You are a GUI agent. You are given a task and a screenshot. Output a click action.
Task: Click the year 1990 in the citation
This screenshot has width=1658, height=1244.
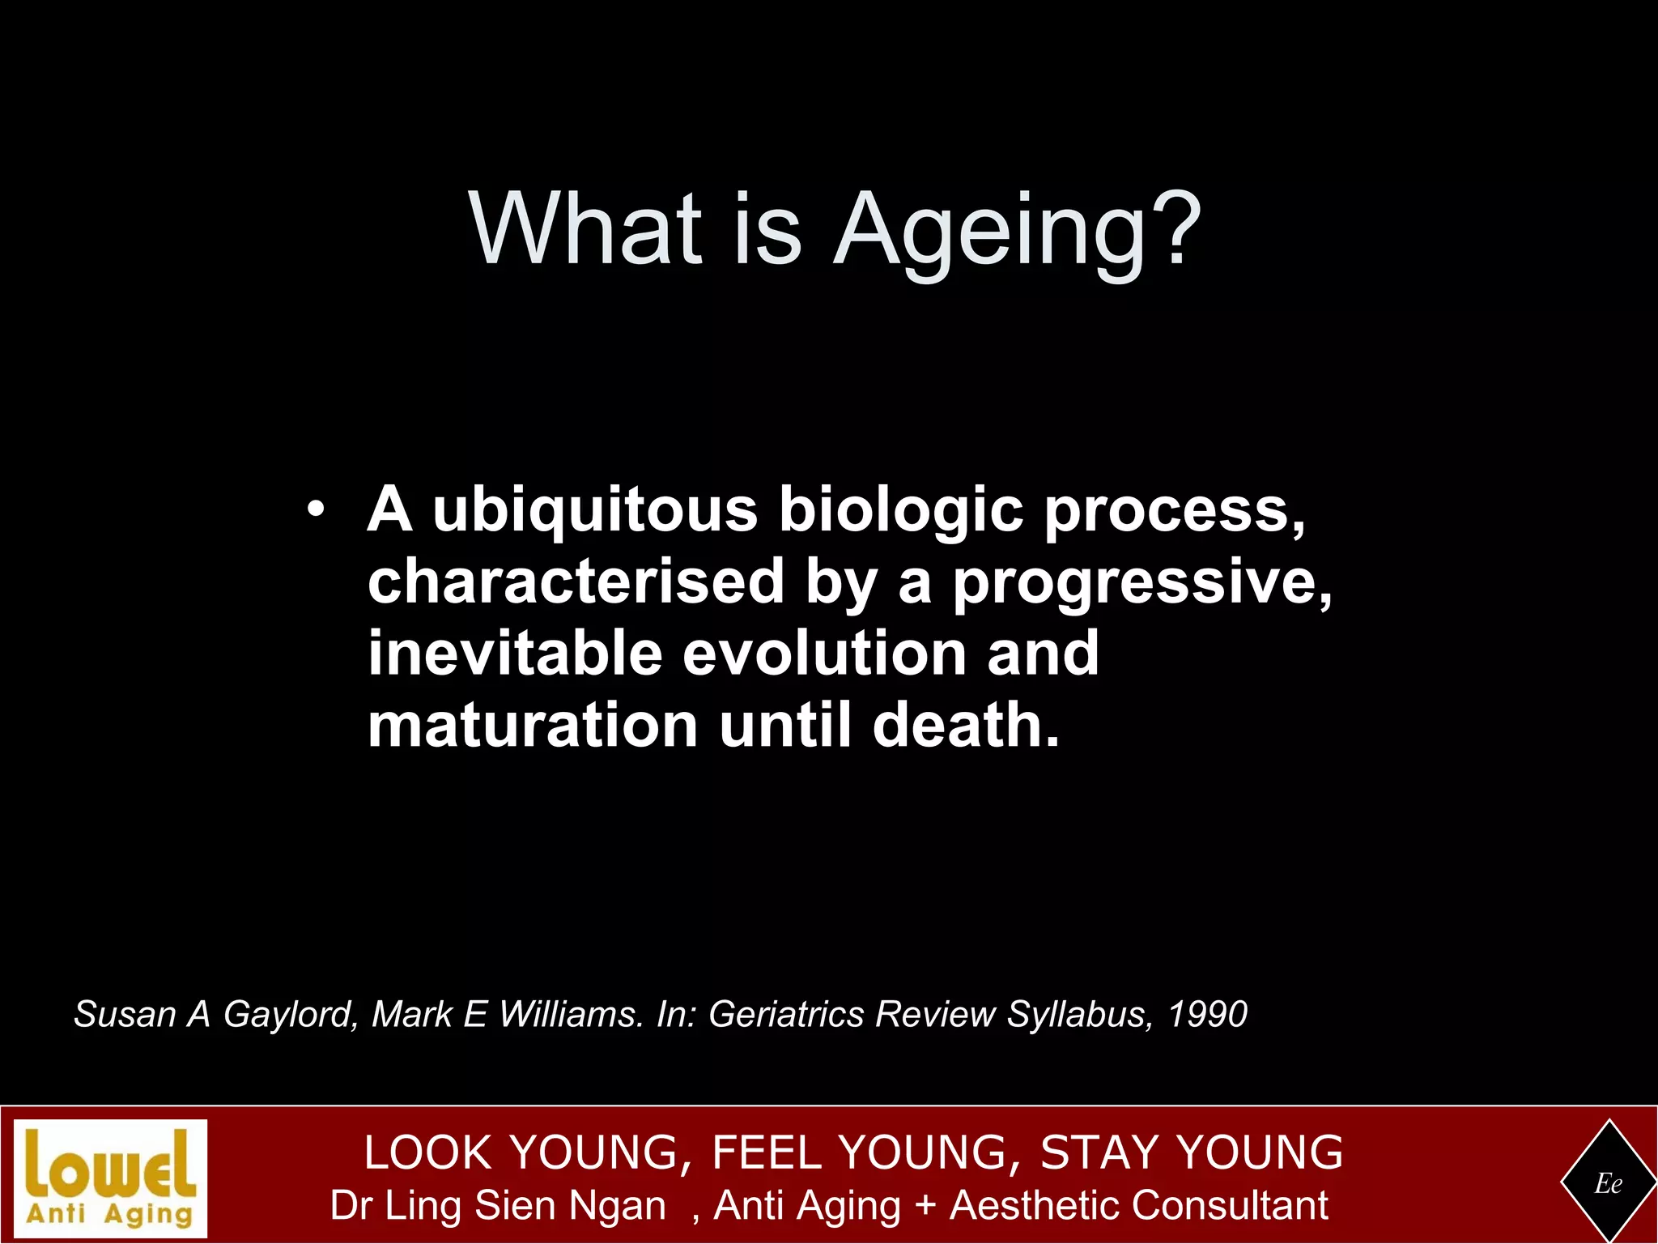[x=1207, y=1014]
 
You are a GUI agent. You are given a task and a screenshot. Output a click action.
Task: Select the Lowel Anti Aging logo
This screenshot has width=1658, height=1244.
[x=111, y=1178]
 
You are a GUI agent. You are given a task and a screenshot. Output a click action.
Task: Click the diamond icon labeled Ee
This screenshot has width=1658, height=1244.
[x=1608, y=1183]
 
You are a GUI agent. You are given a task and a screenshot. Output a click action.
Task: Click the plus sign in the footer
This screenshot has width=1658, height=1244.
[x=925, y=1206]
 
